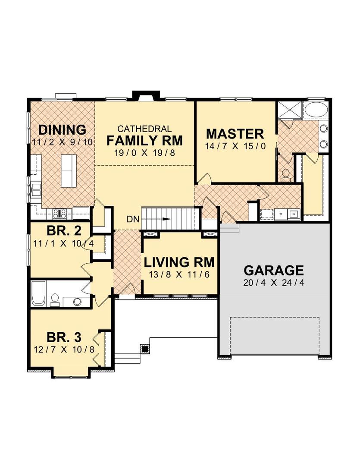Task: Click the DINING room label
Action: [x=63, y=130]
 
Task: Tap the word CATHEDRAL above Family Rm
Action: [x=144, y=129]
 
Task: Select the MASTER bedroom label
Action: [x=235, y=134]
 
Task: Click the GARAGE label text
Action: [x=274, y=270]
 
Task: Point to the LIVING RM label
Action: [x=179, y=262]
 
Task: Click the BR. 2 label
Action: [x=64, y=230]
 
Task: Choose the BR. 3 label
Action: [x=64, y=337]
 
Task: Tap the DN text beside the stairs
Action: [x=133, y=219]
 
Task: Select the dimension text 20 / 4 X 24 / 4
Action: [x=274, y=283]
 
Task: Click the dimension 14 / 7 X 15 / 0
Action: [x=235, y=146]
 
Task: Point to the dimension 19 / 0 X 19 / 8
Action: [x=144, y=153]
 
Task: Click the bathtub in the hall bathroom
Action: [x=39, y=293]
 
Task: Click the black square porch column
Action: [x=145, y=349]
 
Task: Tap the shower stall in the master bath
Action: [x=290, y=110]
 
